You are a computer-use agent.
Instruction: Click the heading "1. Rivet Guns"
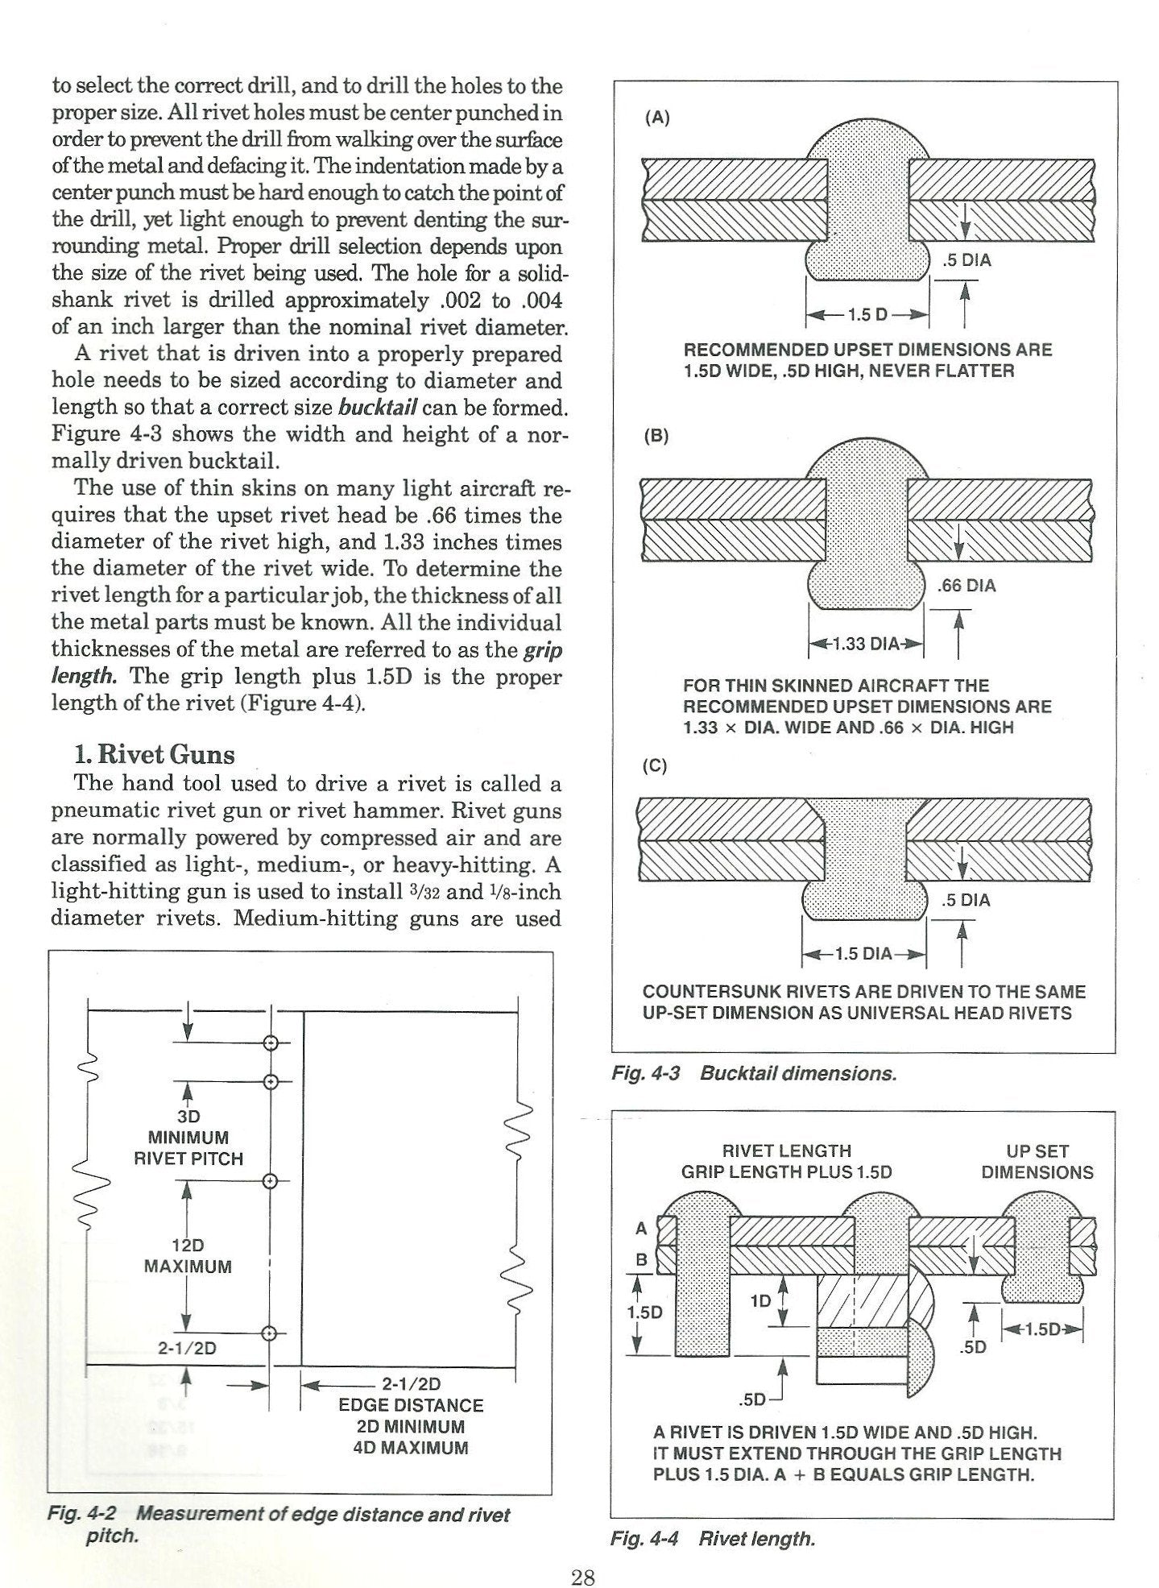point(154,755)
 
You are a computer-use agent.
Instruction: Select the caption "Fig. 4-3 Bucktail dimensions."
point(753,1073)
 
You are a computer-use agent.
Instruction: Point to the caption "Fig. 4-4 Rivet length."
point(713,1538)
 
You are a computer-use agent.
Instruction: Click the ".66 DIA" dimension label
point(966,586)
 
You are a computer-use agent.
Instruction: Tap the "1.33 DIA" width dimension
point(865,644)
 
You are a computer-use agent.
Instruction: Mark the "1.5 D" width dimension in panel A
point(867,314)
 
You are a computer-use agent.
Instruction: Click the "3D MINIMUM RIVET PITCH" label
point(188,1138)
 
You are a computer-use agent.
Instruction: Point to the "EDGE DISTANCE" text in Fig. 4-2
point(411,1405)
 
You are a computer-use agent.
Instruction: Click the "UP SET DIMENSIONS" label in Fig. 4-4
point(1037,1161)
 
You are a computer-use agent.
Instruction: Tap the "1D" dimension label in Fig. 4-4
point(760,1300)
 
